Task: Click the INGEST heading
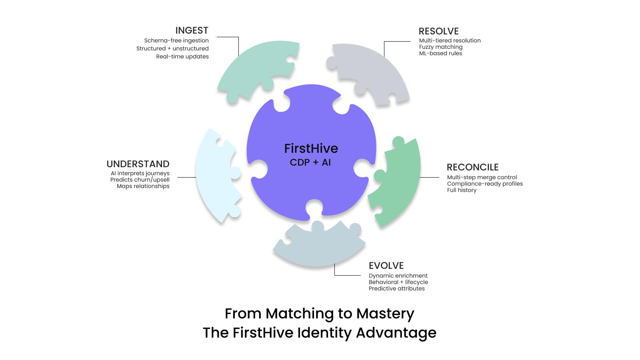pos(192,30)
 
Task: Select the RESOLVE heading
pos(438,31)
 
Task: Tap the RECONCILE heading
pos(472,167)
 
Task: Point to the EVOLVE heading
pos(386,266)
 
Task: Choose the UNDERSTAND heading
pos(138,164)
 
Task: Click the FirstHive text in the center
pos(311,148)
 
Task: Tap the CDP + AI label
pos(310,162)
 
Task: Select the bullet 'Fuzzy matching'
pos(440,47)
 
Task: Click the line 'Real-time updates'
pos(182,56)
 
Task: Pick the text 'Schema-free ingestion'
pos(176,40)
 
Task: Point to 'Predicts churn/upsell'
pos(140,180)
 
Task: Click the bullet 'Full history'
pos(462,190)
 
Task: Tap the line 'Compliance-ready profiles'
pos(485,184)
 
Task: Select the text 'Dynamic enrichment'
pos(398,276)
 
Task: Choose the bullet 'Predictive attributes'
pos(396,288)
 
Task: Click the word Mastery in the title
pos(385,314)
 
